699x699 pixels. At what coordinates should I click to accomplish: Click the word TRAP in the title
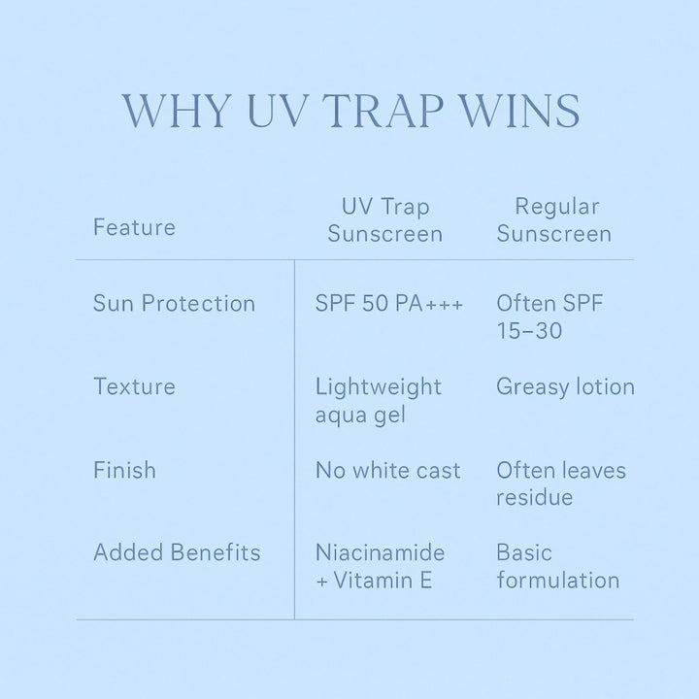pos(386,111)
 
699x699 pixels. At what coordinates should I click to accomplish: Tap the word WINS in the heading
pos(519,111)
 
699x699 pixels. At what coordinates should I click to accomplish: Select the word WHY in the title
pos(177,111)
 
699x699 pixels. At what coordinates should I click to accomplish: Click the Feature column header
pos(134,227)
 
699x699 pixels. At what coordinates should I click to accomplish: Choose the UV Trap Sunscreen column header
pos(385,220)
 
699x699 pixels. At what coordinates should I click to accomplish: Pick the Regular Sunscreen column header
pos(554,220)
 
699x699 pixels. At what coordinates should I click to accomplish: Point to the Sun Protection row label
pos(175,303)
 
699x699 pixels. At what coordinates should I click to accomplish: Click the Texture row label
pos(134,386)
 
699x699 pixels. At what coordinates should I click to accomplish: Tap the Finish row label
pos(124,470)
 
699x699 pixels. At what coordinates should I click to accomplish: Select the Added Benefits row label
pos(177,552)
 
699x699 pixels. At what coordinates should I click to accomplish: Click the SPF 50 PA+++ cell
pos(389,303)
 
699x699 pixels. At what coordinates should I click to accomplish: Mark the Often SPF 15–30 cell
pos(549,316)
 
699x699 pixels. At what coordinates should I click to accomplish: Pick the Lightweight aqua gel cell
pos(378,401)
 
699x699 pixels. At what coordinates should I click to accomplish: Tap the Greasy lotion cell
pos(565,386)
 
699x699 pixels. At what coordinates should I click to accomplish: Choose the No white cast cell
pos(387,470)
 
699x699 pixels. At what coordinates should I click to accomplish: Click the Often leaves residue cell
pos(561,483)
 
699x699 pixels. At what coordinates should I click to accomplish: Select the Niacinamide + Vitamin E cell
pos(381,566)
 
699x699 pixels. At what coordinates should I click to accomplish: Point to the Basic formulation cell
pos(557,566)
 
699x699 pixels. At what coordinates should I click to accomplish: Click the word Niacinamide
pos(381,552)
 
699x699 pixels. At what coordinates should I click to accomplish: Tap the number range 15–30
pos(529,331)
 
